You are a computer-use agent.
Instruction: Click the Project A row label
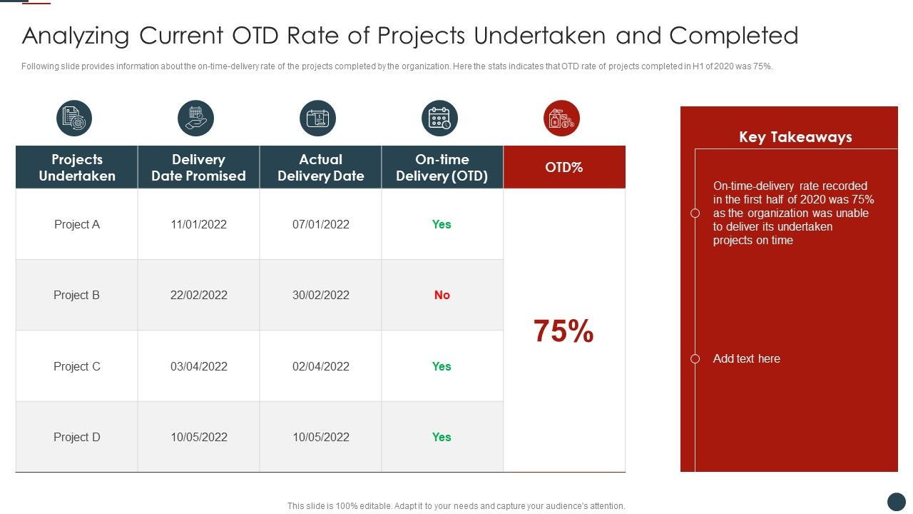point(77,224)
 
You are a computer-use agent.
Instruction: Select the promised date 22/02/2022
point(198,295)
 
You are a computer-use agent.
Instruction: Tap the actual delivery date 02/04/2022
point(320,366)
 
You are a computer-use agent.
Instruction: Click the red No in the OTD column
point(442,295)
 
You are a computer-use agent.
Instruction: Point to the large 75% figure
point(563,331)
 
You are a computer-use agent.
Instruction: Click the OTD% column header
point(563,167)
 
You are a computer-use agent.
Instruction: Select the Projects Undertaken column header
point(77,167)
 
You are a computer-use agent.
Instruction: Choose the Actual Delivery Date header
point(320,167)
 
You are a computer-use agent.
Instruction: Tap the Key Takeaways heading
point(795,137)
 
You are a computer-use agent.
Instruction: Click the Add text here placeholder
point(746,358)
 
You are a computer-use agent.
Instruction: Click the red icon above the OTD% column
point(561,119)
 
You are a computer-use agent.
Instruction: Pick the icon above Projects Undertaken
point(74,119)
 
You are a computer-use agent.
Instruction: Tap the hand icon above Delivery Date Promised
point(195,119)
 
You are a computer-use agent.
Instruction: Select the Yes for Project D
point(442,437)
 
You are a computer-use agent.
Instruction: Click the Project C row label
point(77,366)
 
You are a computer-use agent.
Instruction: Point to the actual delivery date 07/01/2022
point(320,224)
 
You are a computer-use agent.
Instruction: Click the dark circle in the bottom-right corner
point(896,501)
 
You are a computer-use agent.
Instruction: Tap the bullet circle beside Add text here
point(695,358)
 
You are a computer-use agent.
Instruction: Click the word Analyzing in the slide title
point(76,36)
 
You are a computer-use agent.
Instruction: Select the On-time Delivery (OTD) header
point(442,167)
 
